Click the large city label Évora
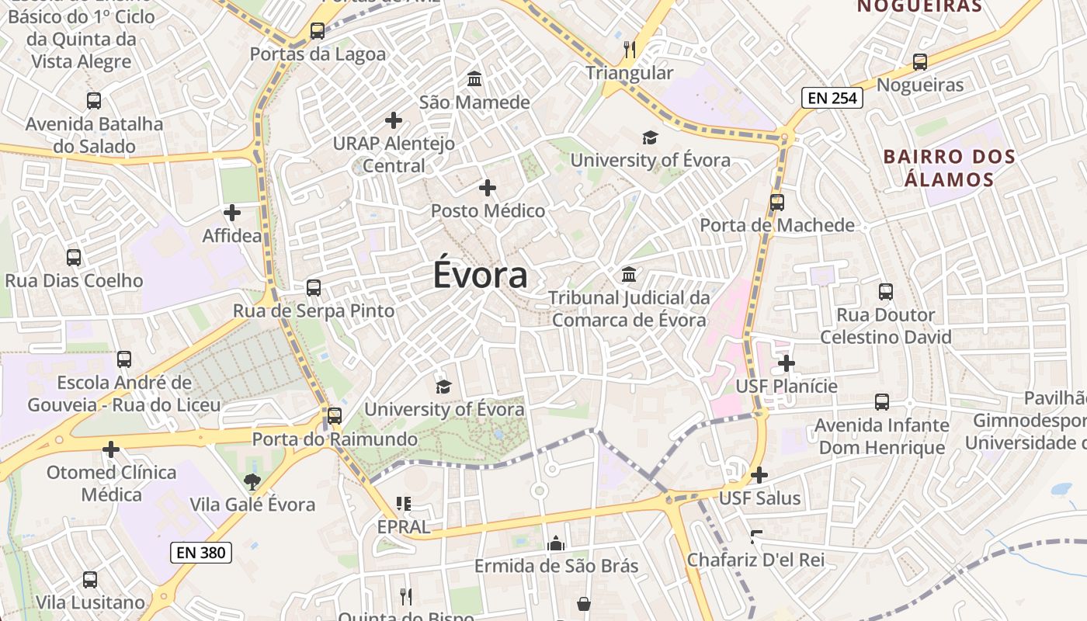click(x=481, y=275)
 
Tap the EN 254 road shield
click(x=832, y=97)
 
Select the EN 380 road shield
click(x=201, y=553)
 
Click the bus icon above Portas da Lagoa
click(x=317, y=31)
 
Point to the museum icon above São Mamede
click(x=474, y=79)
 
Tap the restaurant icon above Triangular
click(x=630, y=50)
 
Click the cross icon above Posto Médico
click(x=488, y=188)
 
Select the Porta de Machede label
click(x=777, y=225)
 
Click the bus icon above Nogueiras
click(x=920, y=62)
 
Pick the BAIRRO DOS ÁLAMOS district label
click(x=950, y=168)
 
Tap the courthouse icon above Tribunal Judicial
click(x=629, y=275)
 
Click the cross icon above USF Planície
click(x=787, y=363)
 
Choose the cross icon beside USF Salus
click(x=759, y=474)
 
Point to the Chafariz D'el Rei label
click(x=755, y=560)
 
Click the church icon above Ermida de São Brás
click(x=556, y=543)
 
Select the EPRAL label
click(x=403, y=527)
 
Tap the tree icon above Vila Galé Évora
click(x=252, y=482)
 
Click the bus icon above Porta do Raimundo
click(x=335, y=415)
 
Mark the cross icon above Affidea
click(x=231, y=212)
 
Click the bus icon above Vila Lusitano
click(x=90, y=579)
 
